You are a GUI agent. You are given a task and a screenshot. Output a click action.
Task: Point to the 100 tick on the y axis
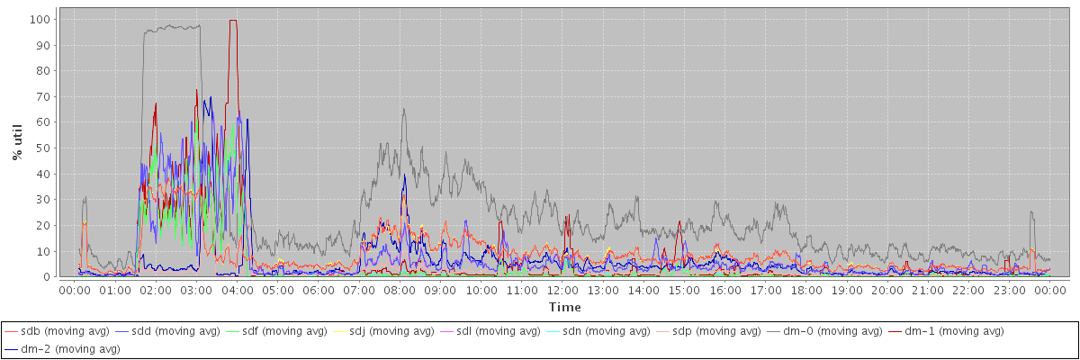pos(40,19)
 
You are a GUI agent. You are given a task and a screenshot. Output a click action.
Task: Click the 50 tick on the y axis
pos(43,148)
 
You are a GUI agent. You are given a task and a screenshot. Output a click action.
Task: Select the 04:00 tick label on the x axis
pos(237,291)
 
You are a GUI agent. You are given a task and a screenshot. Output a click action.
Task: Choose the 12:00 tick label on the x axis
pos(562,291)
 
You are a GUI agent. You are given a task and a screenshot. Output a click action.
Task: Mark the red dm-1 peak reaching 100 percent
pos(233,20)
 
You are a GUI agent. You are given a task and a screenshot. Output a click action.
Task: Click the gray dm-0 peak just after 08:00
pos(404,110)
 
